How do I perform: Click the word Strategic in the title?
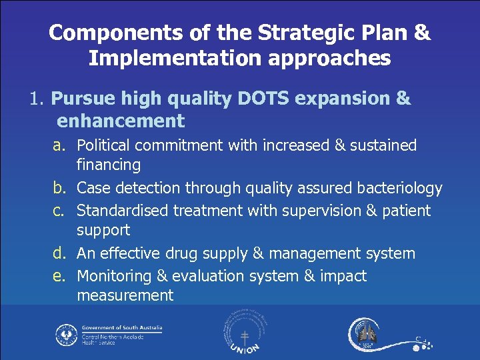click(x=292, y=33)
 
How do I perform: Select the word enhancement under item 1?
click(x=121, y=121)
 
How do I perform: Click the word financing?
click(x=109, y=165)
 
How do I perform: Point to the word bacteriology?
click(x=400, y=189)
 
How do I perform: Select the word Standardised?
click(x=123, y=211)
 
